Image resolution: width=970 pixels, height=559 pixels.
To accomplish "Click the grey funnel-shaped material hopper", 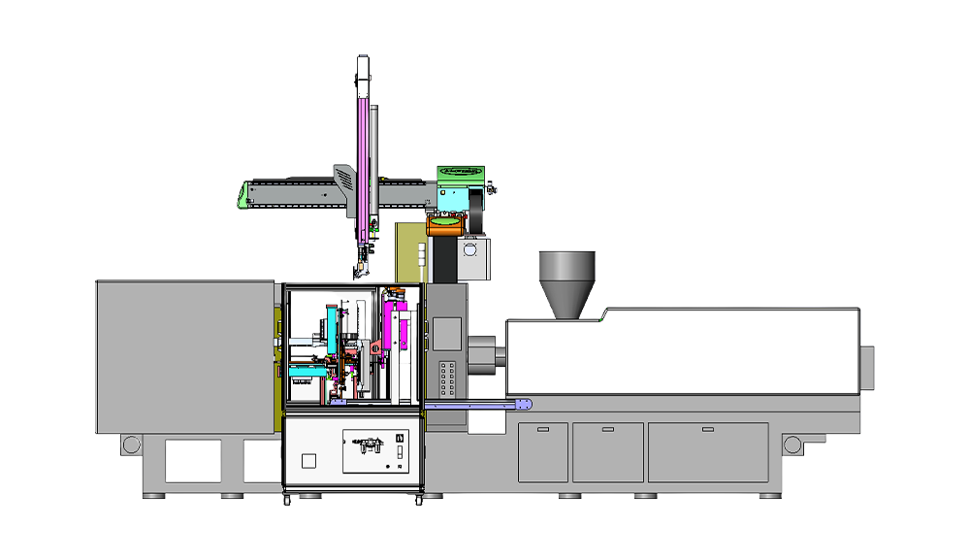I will pyautogui.click(x=566, y=281).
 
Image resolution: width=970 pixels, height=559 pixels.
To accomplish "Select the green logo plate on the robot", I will pyautogui.click(x=460, y=172).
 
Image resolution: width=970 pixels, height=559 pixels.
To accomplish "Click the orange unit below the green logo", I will pyautogui.click(x=444, y=224).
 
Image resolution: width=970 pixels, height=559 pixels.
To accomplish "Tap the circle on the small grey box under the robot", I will pyautogui.click(x=471, y=249).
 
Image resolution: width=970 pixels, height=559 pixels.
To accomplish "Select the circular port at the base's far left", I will pyautogui.click(x=130, y=444).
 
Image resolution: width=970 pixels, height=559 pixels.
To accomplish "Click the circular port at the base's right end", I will pyautogui.click(x=792, y=444).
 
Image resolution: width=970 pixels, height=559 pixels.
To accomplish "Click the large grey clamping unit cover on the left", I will pyautogui.click(x=184, y=356).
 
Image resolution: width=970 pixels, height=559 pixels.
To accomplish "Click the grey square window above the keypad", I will pyautogui.click(x=446, y=333).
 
